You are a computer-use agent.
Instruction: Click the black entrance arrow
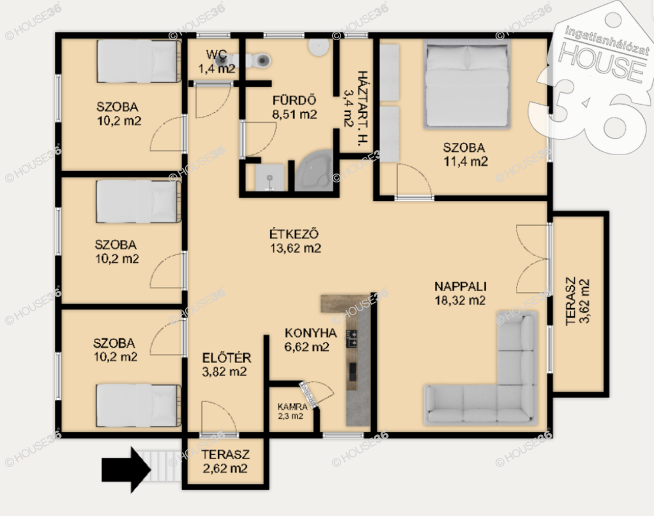[126, 469]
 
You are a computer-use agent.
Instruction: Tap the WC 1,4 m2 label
[217, 62]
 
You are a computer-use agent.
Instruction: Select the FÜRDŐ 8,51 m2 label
[294, 107]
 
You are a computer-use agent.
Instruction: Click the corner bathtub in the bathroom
[314, 171]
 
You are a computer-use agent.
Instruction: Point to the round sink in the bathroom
[319, 47]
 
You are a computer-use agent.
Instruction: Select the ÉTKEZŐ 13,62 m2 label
[295, 240]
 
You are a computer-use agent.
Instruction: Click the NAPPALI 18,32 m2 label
[460, 293]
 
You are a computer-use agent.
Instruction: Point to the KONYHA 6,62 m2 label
[310, 339]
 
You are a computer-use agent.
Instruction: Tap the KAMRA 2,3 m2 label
[292, 411]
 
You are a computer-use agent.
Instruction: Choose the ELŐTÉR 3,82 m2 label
[226, 364]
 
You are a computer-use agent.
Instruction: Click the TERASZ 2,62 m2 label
[225, 461]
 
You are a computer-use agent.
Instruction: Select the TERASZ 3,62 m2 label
[577, 300]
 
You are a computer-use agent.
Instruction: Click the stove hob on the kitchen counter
[352, 338]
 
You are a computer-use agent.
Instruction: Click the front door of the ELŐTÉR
[218, 418]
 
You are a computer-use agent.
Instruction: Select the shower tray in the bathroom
[270, 177]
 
